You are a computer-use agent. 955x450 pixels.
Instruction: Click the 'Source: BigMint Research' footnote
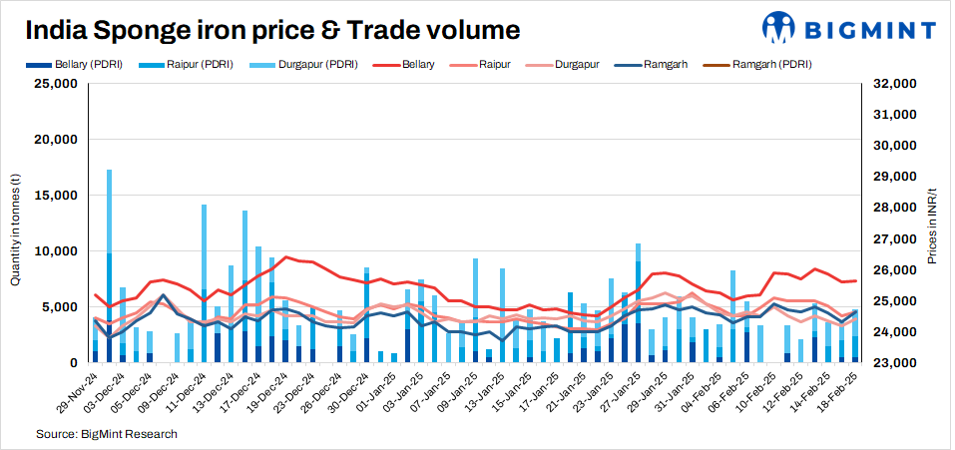click(107, 435)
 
